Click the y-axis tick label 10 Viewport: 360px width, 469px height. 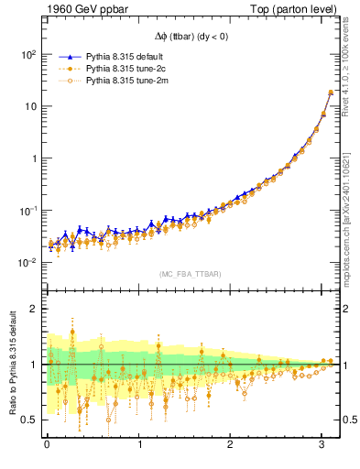29,107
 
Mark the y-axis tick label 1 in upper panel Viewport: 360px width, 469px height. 33,158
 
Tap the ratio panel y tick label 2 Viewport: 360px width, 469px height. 33,310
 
